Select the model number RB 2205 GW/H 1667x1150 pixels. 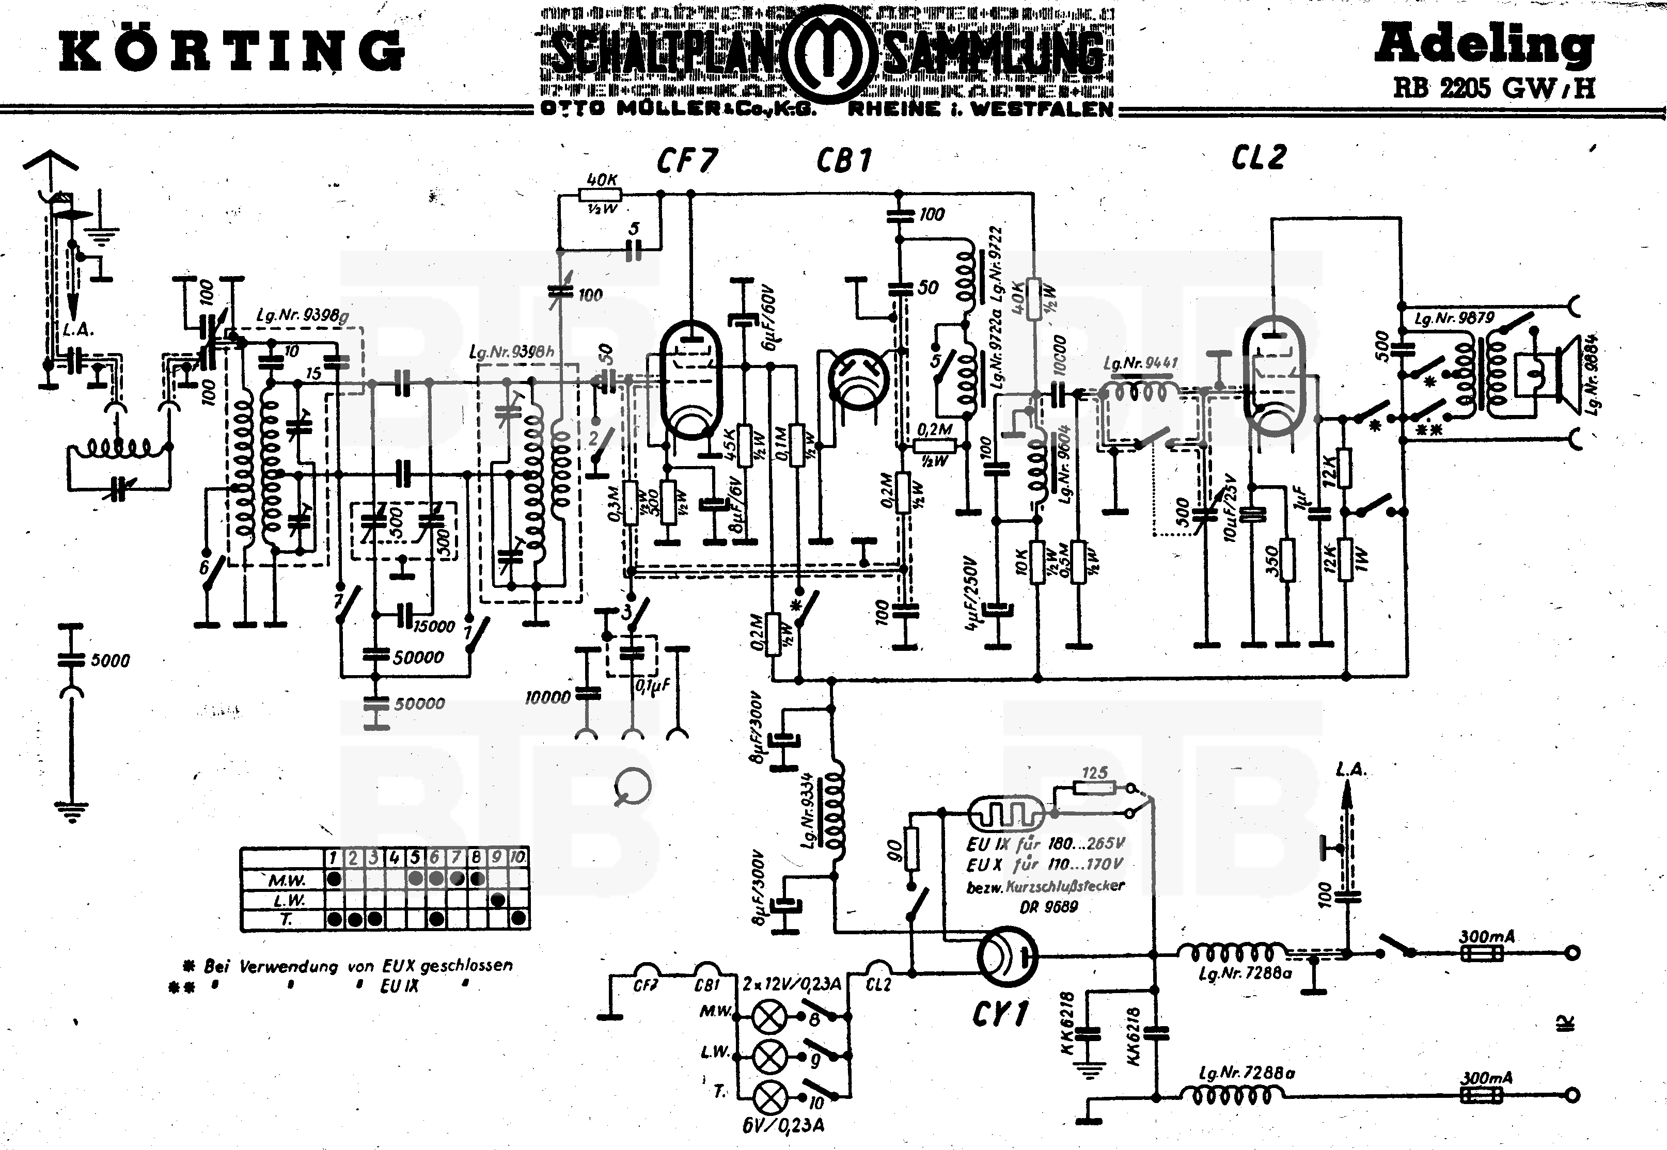click(1493, 88)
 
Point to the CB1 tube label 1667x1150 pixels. click(843, 161)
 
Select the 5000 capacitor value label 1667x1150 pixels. click(111, 661)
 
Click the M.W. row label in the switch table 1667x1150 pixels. click(287, 881)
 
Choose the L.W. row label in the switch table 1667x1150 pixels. click(289, 901)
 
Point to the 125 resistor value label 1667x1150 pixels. click(1094, 773)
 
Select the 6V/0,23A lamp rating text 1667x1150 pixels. click(783, 1124)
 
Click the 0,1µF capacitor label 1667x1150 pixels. click(652, 686)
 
